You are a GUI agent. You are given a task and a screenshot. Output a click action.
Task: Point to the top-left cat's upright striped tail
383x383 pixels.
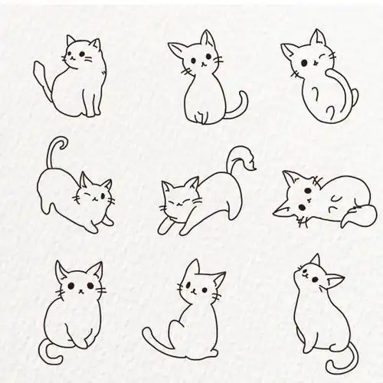click(x=42, y=77)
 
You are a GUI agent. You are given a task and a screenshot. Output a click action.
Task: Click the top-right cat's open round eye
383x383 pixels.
click(x=305, y=61)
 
